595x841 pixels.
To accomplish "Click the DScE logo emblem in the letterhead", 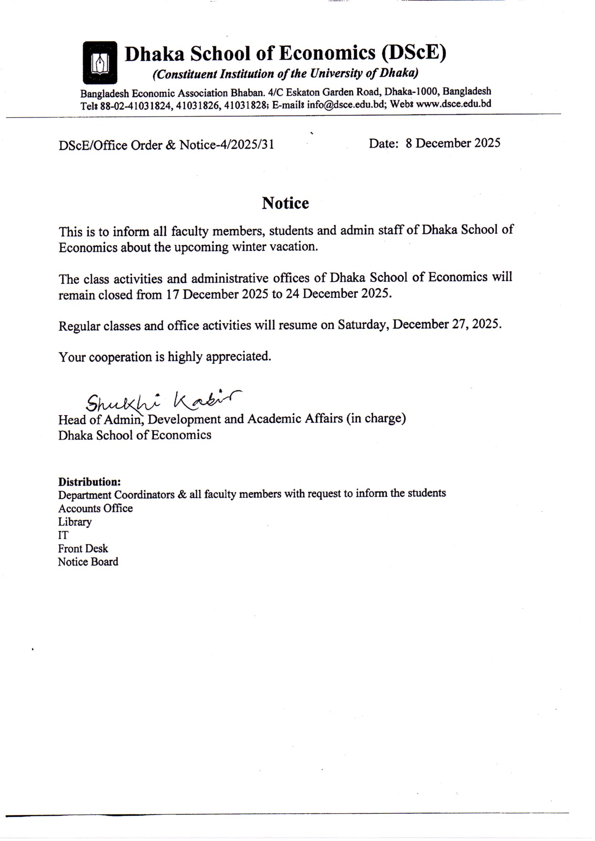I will (x=100, y=63).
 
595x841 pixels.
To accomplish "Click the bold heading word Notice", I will (x=285, y=203).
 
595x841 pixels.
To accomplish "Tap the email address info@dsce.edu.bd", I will (x=346, y=105).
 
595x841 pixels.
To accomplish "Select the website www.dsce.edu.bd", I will (x=454, y=104).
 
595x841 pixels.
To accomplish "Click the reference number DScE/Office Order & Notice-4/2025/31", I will (x=166, y=145).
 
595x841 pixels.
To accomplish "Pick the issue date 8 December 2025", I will (x=453, y=143).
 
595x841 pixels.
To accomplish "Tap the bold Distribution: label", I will (x=90, y=481).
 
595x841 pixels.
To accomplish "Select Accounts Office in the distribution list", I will (x=95, y=508).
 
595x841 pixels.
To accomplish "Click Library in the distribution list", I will (x=75, y=522).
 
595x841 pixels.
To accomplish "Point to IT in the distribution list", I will (x=63, y=535).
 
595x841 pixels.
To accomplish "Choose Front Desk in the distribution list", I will (x=83, y=548).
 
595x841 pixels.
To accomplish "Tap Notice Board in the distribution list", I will (x=88, y=562).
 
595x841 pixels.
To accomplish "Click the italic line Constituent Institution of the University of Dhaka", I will (x=285, y=74).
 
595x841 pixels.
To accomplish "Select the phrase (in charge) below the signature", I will (x=376, y=418).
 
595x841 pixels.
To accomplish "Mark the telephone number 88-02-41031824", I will (x=135, y=105).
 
